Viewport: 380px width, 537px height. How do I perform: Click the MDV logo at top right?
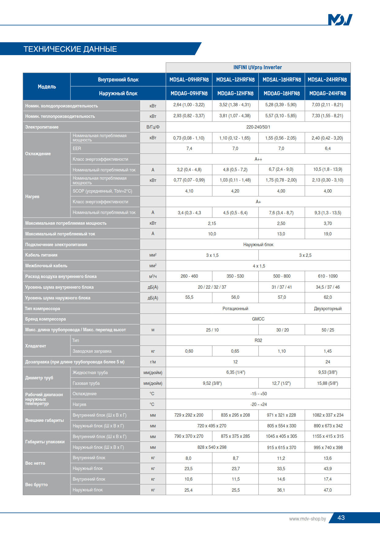(x=340, y=20)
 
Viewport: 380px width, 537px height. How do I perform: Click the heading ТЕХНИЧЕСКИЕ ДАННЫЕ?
(x=70, y=49)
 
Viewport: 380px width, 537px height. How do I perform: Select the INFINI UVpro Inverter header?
(x=258, y=67)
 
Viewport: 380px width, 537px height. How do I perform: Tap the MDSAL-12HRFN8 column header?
(x=235, y=80)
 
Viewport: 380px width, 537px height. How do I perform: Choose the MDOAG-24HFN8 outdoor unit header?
(x=328, y=93)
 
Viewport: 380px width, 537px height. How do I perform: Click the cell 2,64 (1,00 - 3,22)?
(x=189, y=105)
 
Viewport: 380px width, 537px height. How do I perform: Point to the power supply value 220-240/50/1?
(x=258, y=127)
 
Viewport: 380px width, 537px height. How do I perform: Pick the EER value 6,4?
(x=328, y=148)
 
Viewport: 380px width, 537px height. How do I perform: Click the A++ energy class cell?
(x=258, y=159)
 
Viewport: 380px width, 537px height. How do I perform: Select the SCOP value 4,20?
(x=235, y=191)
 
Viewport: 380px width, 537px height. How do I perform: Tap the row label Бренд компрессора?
(x=46, y=319)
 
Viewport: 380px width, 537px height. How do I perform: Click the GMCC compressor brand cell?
(x=258, y=319)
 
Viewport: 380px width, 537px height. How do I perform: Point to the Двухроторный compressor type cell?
(x=328, y=309)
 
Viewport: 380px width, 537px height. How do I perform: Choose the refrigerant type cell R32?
(x=258, y=340)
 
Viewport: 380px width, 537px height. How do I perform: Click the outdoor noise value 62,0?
(x=328, y=298)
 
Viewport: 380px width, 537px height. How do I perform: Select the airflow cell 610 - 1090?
(x=328, y=276)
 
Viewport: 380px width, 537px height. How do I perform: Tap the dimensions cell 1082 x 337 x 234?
(x=328, y=415)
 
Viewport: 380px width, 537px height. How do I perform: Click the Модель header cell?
(x=47, y=87)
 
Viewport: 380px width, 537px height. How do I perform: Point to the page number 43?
(x=341, y=518)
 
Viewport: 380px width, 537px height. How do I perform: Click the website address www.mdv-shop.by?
(x=307, y=519)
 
